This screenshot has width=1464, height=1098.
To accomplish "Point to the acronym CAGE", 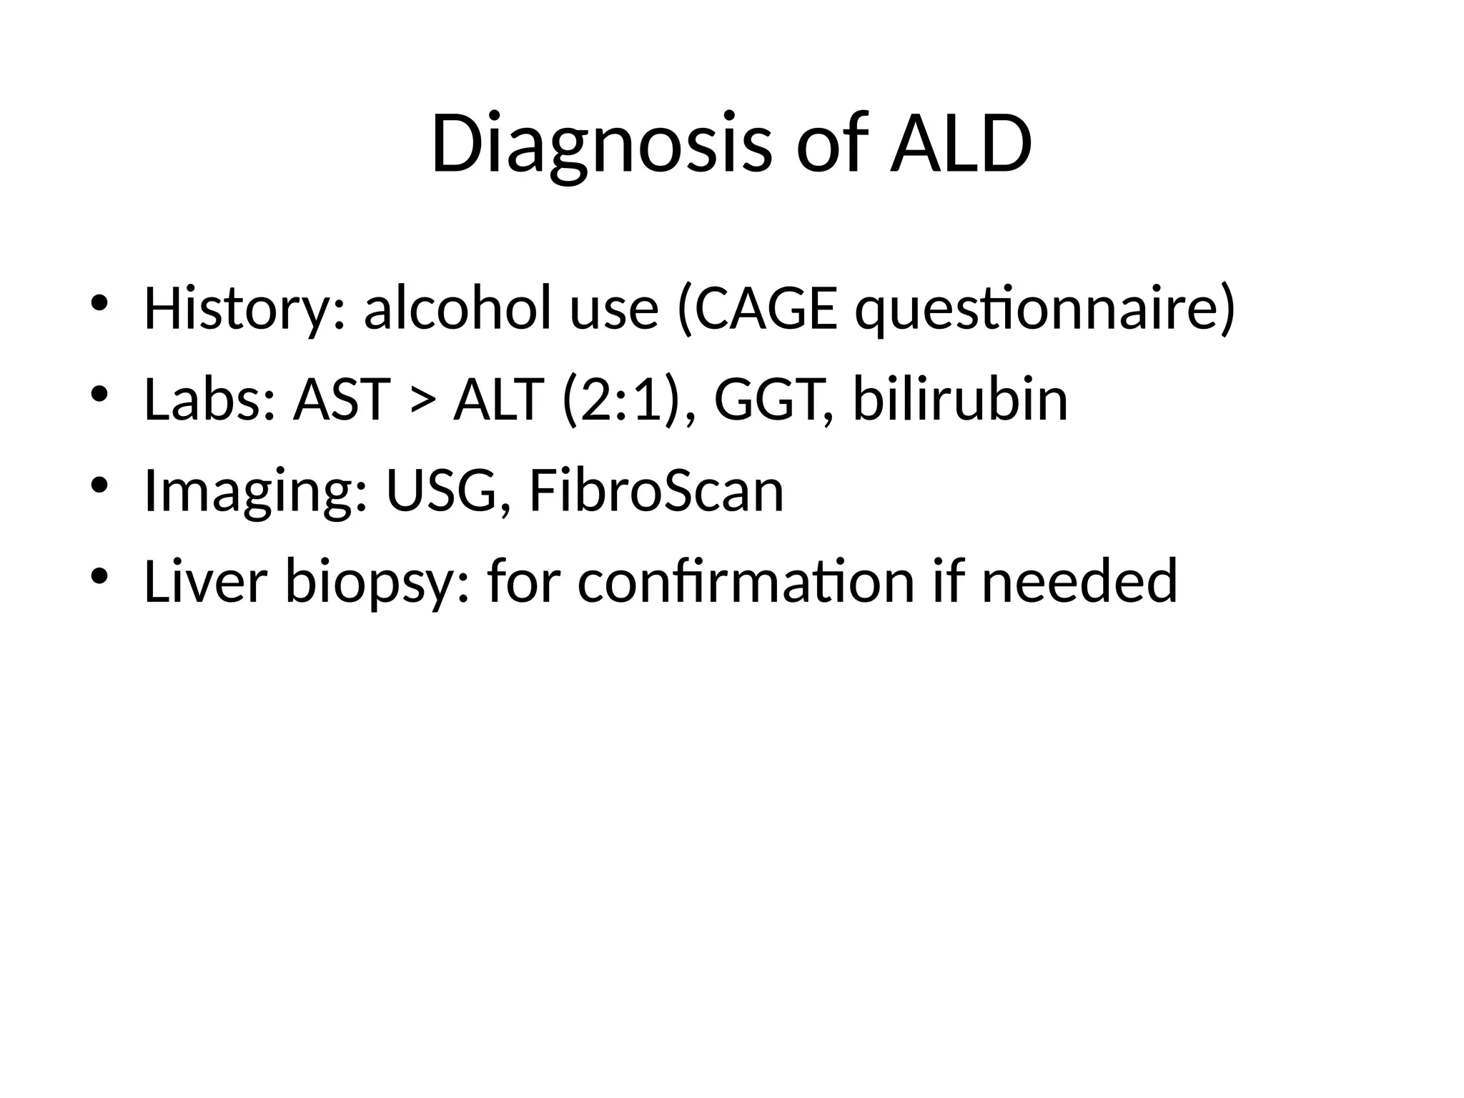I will [x=766, y=309].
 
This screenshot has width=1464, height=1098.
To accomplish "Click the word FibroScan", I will [x=656, y=491].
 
